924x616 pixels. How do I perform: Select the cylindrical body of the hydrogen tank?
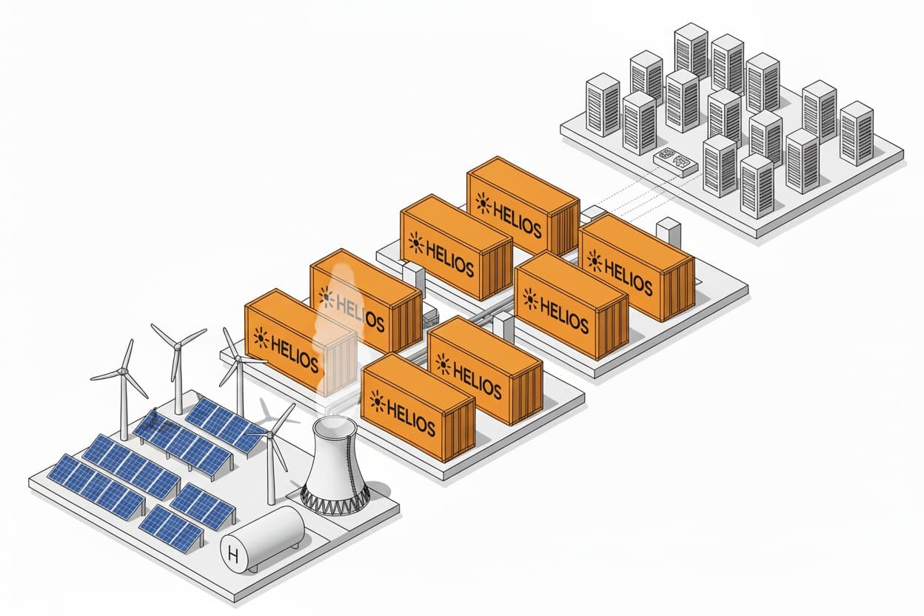270,533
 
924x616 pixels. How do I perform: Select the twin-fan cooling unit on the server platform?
674,162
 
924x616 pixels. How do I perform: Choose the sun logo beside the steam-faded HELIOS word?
327,297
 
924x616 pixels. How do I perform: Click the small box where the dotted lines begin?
592,213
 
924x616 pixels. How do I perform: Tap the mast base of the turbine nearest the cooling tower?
271,502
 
